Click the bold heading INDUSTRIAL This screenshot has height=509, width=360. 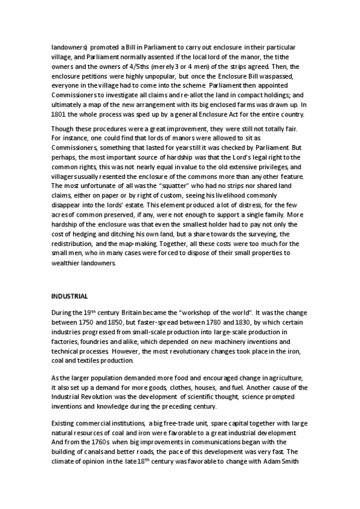tap(70, 296)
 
